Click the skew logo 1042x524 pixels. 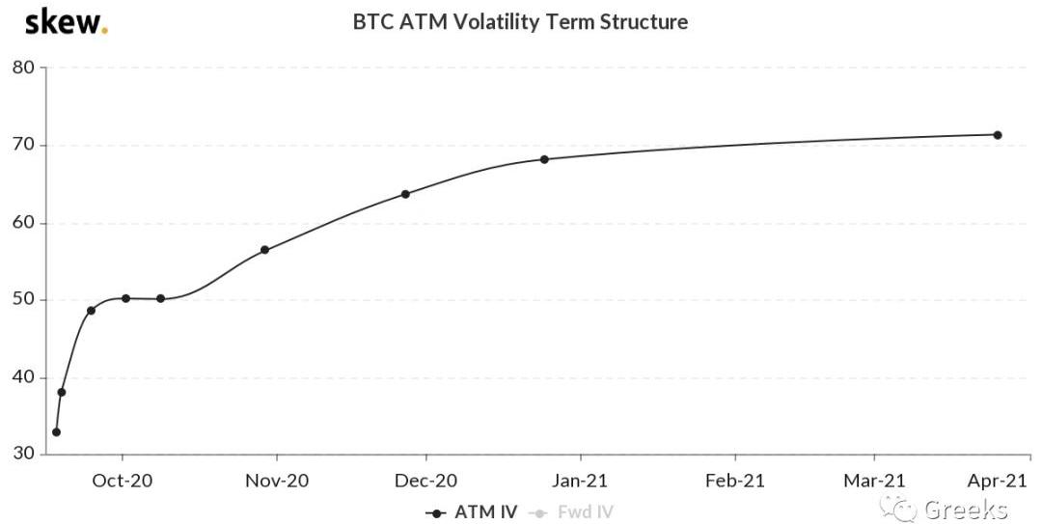pyautogui.click(x=66, y=21)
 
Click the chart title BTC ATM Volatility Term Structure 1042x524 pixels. pyautogui.click(x=520, y=21)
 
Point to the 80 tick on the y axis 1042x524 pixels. pyautogui.click(x=23, y=68)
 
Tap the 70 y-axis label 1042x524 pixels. pyautogui.click(x=23, y=145)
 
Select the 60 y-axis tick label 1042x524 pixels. pyautogui.click(x=23, y=223)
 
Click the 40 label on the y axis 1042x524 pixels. pyautogui.click(x=23, y=377)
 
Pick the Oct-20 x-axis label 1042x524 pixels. pyautogui.click(x=122, y=480)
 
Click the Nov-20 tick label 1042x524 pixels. pyautogui.click(x=277, y=480)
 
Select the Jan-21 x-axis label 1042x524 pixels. pyautogui.click(x=581, y=480)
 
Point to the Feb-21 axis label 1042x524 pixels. pyautogui.click(x=735, y=480)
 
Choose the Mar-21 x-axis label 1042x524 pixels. pyautogui.click(x=875, y=480)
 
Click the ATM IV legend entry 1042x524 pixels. pyautogui.click(x=472, y=512)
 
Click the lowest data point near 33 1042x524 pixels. pyautogui.click(x=56, y=432)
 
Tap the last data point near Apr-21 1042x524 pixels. pyautogui.click(x=998, y=135)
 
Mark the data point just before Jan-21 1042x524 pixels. pyautogui.click(x=544, y=159)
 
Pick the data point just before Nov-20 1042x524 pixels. pyautogui.click(x=264, y=250)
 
